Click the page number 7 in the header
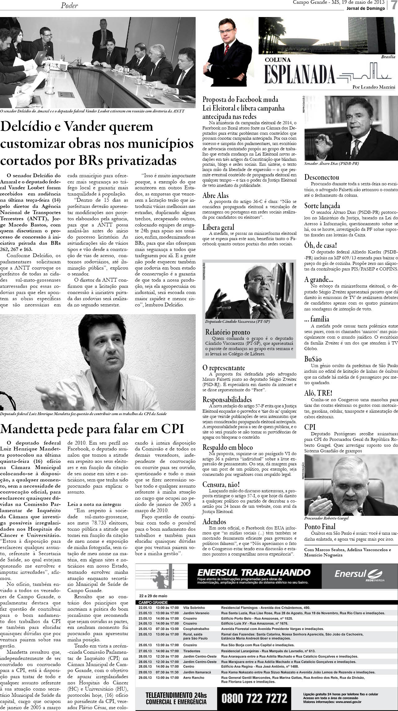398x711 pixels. point(392,6)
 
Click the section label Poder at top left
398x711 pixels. point(69,5)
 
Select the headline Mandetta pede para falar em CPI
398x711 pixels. point(92,428)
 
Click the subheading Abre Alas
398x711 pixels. point(215,195)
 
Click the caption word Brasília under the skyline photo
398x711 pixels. point(388,57)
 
